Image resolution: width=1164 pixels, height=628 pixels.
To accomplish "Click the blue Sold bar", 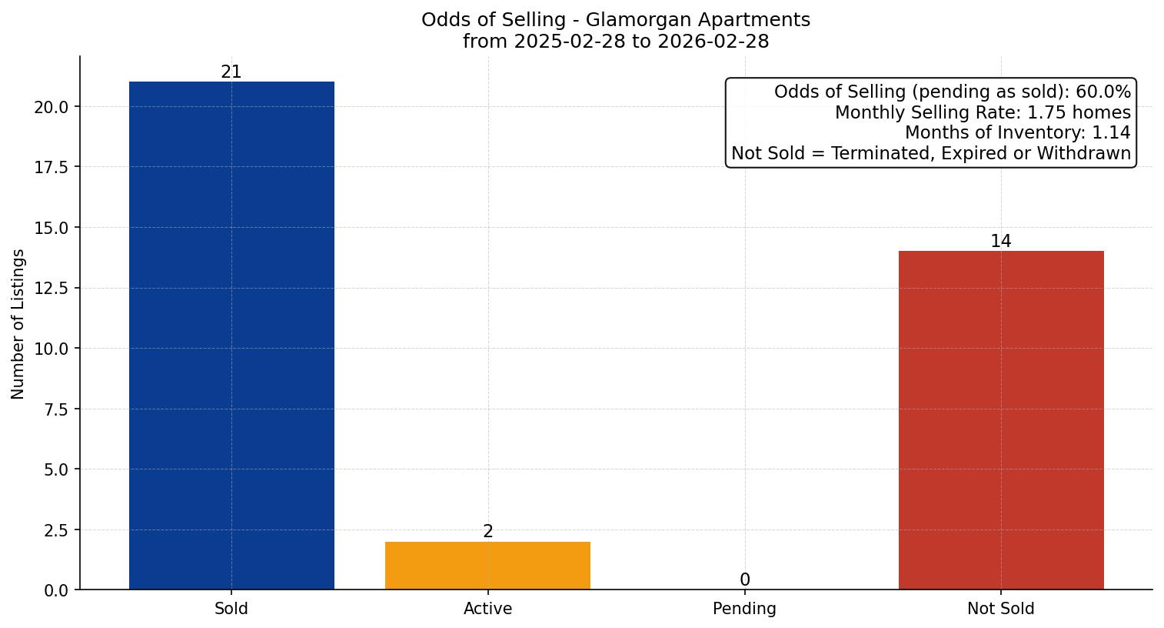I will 231,336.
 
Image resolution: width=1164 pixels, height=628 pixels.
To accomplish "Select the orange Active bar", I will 487,566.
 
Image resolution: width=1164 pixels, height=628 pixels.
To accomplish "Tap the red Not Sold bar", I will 1000,420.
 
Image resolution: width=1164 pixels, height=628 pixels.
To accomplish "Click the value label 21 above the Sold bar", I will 231,72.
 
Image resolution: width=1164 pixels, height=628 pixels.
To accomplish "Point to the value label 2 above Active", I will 487,532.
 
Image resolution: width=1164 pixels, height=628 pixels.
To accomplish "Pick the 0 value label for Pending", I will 744,580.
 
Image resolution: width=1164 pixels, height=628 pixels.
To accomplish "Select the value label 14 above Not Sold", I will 1000,242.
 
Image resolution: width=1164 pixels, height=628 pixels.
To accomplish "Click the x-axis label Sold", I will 231,609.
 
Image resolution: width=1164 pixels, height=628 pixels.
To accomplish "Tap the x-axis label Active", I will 487,609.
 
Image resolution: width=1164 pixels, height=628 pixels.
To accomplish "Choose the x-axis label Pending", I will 744,609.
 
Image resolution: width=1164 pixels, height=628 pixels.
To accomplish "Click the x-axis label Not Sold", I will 1000,609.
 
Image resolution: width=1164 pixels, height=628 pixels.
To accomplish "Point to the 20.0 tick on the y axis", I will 52,107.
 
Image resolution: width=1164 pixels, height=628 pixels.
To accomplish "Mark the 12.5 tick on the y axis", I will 52,289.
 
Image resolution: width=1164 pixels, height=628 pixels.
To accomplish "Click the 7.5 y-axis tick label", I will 55,409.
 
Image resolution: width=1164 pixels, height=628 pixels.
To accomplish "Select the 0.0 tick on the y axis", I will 55,590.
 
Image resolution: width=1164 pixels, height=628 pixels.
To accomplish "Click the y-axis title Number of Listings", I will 18,323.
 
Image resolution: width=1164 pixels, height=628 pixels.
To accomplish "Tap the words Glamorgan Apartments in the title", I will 697,20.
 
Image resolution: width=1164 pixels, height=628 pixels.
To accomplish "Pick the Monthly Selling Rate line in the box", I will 983,113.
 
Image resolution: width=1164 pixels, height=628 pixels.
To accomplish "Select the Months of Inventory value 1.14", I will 1111,133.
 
